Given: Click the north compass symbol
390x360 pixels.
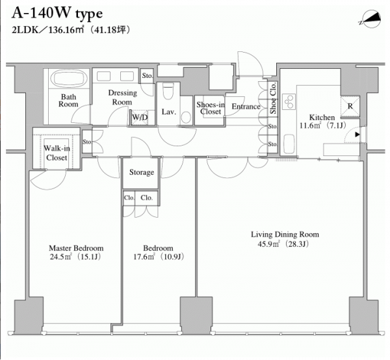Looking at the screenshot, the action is point(371,19).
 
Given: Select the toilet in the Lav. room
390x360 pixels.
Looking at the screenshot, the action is point(168,91).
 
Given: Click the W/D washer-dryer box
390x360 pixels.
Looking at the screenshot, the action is point(139,118).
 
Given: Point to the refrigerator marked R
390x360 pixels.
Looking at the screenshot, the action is point(350,106).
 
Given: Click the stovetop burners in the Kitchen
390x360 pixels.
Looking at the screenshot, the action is point(289,101).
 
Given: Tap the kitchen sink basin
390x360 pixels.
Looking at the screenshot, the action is point(289,144).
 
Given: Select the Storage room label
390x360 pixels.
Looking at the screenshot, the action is point(142,172).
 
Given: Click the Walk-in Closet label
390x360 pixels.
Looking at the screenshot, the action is point(57,153).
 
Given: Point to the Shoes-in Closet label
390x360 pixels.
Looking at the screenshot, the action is point(211,108).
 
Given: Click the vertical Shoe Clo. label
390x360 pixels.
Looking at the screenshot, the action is point(274,98).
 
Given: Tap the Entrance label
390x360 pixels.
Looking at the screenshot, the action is point(246,107).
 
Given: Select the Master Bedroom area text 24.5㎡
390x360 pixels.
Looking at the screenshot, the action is point(61,256).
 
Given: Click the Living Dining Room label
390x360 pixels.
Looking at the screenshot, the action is point(285,234).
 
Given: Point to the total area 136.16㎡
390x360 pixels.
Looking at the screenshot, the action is point(66,30).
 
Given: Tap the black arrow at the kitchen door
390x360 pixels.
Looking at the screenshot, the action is point(357,135).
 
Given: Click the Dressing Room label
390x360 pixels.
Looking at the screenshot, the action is point(122,97).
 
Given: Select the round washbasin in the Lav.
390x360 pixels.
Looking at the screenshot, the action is point(186,117).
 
